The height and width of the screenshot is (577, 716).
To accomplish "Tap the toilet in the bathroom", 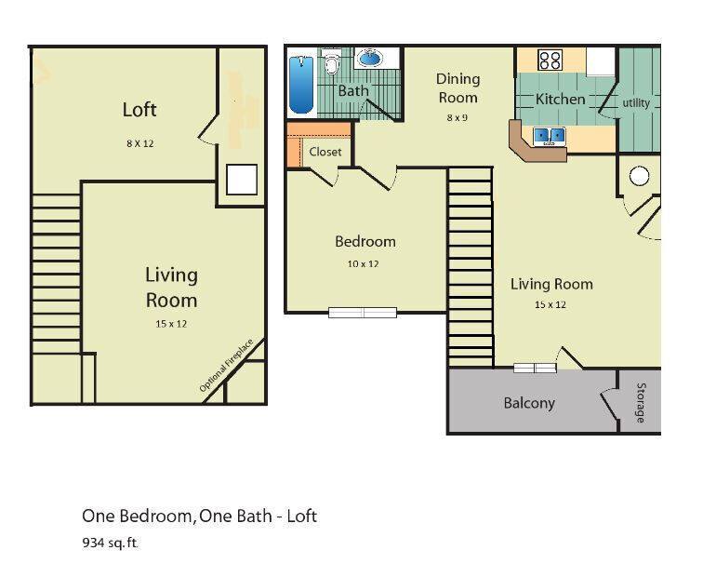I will tap(331, 65).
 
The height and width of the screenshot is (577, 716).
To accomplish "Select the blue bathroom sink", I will tap(369, 59).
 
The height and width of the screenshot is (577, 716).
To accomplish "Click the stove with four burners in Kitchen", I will tap(550, 60).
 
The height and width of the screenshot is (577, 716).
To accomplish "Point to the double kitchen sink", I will tap(550, 137).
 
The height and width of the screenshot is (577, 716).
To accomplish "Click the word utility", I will tap(636, 103).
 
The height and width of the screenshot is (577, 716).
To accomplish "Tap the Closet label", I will tap(325, 152).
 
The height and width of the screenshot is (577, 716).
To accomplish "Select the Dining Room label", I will tap(457, 88).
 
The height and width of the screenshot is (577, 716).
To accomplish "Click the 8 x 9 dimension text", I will tap(457, 117).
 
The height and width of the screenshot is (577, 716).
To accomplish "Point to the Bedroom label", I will tap(365, 242).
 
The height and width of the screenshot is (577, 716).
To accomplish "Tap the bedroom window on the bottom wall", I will tap(363, 313).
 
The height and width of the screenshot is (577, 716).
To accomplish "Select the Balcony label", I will tap(529, 403).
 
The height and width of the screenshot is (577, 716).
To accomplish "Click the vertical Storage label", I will tap(640, 402).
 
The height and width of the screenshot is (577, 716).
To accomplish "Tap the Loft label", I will tap(139, 110).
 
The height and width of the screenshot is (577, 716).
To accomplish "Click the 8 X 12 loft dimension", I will tap(139, 143).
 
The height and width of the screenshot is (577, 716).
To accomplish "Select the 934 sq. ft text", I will tap(110, 543).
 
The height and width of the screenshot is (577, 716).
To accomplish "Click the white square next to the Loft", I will tap(242, 180).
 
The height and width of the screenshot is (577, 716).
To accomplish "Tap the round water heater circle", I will tap(639, 175).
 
